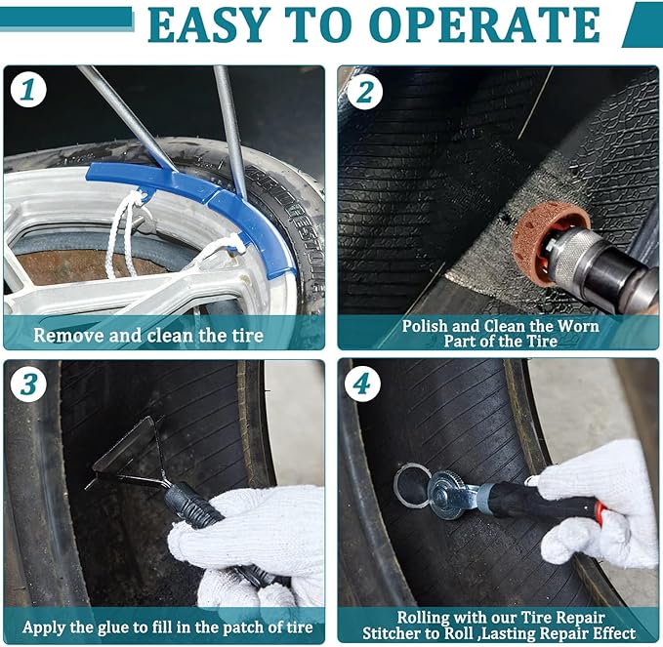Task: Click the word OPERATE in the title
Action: pos(487,25)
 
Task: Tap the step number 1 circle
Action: pos(28,90)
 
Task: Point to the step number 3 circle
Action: pos(28,384)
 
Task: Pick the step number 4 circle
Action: pos(362,384)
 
